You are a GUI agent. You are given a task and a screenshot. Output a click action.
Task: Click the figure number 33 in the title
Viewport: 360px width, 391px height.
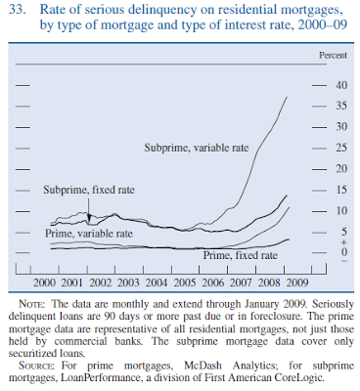(17, 9)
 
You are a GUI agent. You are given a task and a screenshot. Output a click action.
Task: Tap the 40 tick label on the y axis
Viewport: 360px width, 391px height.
(341, 85)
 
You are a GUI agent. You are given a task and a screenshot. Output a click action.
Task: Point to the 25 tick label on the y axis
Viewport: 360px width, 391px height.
(341, 148)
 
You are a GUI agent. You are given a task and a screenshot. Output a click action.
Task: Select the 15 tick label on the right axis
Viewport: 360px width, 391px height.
(341, 190)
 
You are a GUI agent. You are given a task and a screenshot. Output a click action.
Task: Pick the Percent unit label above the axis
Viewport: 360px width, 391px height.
(333, 56)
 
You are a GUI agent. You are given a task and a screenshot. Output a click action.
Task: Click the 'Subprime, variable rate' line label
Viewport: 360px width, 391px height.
(197, 148)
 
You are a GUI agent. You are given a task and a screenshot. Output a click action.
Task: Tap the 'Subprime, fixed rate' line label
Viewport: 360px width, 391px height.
(89, 190)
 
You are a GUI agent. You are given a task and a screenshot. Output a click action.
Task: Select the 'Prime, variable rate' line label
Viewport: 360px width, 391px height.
(89, 234)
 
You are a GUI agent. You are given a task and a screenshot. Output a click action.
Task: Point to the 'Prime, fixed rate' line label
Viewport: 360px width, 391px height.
(241, 255)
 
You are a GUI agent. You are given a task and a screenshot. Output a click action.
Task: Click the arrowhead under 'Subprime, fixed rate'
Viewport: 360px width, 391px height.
(89, 217)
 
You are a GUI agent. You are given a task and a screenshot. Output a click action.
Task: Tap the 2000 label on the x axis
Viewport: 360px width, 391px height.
(44, 282)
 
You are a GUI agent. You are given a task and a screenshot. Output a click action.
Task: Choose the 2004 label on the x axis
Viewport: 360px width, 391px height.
(157, 282)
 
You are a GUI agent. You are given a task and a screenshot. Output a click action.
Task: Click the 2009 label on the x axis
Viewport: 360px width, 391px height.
(297, 282)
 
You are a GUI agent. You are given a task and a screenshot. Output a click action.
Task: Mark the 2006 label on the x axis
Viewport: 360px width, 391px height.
(213, 282)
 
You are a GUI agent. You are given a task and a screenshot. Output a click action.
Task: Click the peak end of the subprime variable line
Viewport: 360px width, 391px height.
(287, 97)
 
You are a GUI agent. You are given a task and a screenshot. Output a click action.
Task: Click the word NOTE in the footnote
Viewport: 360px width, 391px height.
(31, 304)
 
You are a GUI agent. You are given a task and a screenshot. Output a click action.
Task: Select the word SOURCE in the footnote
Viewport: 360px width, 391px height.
(37, 366)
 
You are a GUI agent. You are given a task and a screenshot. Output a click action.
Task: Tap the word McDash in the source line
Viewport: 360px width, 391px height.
(202, 366)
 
